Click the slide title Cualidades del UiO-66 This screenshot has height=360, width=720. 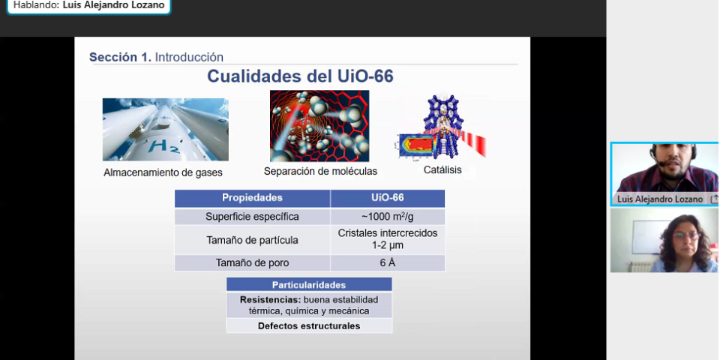300,76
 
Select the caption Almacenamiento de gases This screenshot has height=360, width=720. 163,173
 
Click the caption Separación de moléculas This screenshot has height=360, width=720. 320,171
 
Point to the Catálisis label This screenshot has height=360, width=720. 442,170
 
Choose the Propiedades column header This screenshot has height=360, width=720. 253,198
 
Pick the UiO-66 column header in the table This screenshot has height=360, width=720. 388,198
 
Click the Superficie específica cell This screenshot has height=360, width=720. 253,216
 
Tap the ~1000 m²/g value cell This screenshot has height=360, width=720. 388,216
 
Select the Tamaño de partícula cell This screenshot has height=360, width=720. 253,240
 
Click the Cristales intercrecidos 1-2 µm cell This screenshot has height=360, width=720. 388,239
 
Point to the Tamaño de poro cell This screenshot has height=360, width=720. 253,263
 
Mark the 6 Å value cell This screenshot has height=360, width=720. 388,263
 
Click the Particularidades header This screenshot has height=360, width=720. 309,285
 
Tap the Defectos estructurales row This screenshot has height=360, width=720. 309,326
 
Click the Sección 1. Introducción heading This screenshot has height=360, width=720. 156,58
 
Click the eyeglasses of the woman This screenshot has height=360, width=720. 686,235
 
